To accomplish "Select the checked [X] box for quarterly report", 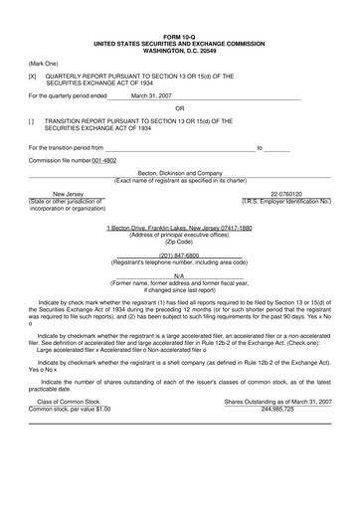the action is click(x=32, y=76).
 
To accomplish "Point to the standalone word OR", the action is click(x=180, y=107).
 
